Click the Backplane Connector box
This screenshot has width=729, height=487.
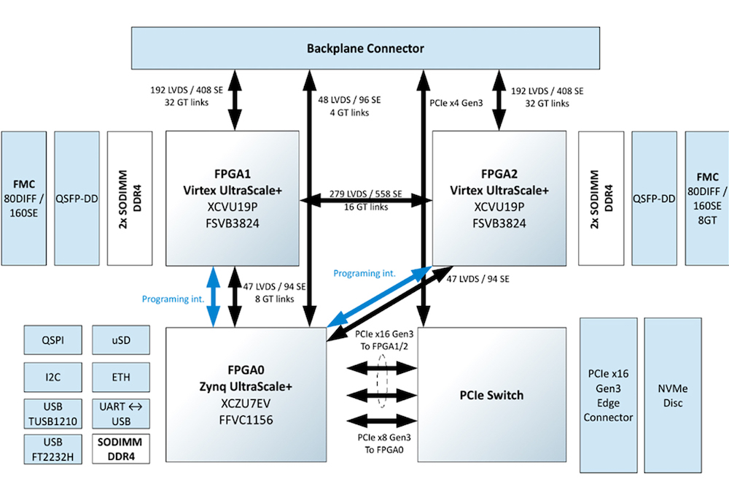(x=364, y=48)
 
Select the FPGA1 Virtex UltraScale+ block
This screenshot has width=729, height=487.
(x=233, y=198)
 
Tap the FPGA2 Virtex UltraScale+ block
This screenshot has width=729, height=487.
(x=499, y=198)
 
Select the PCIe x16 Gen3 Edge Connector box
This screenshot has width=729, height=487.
(x=607, y=395)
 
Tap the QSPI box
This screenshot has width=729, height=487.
(x=52, y=340)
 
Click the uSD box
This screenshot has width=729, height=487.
(x=121, y=340)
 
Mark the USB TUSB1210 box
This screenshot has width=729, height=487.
(x=52, y=413)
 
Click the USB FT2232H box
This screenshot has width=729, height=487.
(x=52, y=449)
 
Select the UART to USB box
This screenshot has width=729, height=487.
(x=121, y=413)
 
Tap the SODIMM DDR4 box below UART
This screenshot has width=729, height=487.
(x=121, y=449)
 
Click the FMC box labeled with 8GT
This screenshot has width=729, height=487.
(x=707, y=198)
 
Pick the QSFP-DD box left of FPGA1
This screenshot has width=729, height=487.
(x=76, y=198)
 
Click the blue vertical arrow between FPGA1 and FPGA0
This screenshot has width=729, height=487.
(x=212, y=296)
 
